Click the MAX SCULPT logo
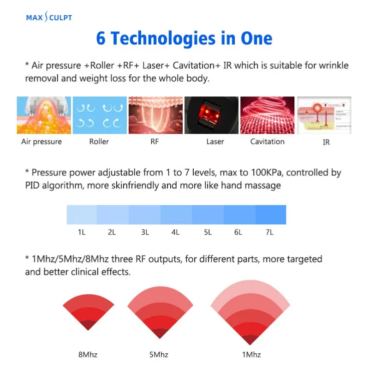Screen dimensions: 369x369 tap(49, 18)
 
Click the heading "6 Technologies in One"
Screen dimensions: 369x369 tap(184, 38)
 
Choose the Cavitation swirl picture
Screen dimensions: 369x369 tap(267, 115)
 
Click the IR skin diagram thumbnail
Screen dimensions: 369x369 tap(325, 115)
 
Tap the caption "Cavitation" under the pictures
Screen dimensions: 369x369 tap(267, 142)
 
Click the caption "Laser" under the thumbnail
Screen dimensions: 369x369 tap(215, 142)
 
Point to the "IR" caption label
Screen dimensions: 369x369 tap(326, 143)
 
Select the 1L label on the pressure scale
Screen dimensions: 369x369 tap(82, 232)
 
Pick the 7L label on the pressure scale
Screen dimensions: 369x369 tap(269, 232)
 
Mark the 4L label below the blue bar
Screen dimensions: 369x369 tap(175, 232)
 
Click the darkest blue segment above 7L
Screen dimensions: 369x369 tap(270, 215)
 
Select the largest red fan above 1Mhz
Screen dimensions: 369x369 tap(250, 314)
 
